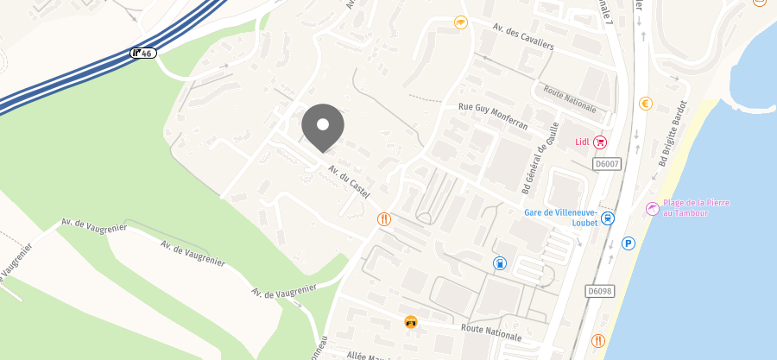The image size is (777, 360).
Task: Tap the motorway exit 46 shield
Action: pos(142,54)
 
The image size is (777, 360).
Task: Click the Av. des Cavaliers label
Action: pos(523,36)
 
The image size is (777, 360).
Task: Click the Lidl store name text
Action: pos(582,142)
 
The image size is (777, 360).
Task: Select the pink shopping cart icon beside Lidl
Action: pos(600,142)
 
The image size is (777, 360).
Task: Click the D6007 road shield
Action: pos(607,163)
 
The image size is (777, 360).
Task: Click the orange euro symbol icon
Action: pos(645,104)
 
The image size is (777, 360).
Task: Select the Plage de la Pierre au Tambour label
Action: pos(697,207)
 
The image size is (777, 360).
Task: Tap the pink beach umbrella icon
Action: pos(652,208)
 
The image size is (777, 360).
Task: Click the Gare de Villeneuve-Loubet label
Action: pos(561,217)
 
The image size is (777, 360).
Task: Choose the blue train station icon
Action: pos(608,218)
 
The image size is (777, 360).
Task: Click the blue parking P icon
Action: pos(629,244)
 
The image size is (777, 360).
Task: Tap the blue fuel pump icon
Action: pos(499,262)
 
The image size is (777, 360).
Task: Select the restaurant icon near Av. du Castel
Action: pos(384,219)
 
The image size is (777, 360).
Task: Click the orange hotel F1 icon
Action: pos(411,322)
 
